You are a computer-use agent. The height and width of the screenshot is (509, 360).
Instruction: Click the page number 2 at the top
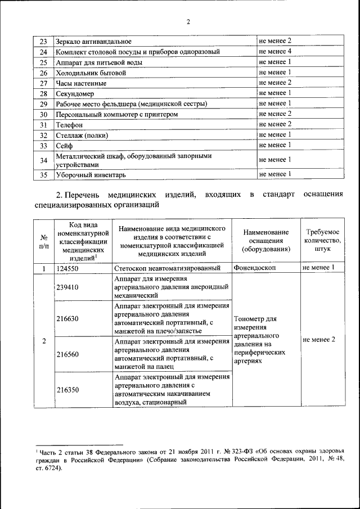click(188, 22)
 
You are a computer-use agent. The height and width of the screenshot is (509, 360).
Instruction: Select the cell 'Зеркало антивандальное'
click(93, 42)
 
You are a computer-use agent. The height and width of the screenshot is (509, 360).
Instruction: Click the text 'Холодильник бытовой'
click(89, 73)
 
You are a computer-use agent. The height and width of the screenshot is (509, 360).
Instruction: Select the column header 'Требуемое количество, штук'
click(323, 240)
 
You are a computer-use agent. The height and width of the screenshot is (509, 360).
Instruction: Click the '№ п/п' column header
click(43, 241)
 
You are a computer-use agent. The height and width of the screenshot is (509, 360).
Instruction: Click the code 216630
click(67, 318)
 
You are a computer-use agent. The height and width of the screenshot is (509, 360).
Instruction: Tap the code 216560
click(67, 355)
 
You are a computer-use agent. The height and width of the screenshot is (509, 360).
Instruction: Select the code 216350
click(67, 389)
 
